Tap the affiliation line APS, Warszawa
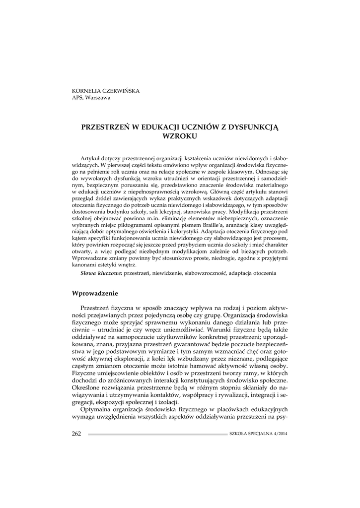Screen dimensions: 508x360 (91, 98)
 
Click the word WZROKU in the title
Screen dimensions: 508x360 (180, 135)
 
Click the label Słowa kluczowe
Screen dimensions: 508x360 (101, 273)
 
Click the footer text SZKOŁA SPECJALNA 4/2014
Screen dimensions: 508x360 (258, 434)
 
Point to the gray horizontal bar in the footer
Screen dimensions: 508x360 (157, 434)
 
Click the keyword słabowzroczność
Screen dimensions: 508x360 (204, 273)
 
